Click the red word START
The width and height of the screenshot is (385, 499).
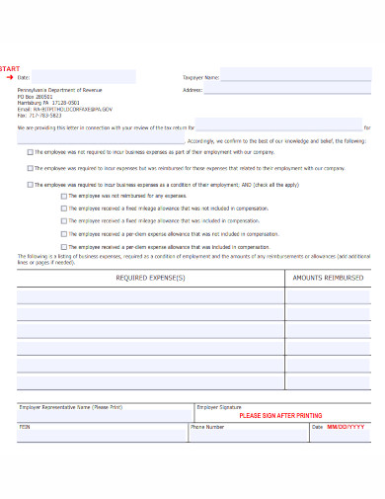click(x=10, y=68)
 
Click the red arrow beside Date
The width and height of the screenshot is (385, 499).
click(x=9, y=76)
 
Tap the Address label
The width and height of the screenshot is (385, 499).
click(x=192, y=90)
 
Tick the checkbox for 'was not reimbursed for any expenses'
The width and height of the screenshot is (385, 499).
click(x=63, y=196)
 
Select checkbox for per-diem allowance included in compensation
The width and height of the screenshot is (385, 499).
click(x=63, y=246)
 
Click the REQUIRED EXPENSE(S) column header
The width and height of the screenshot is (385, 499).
click(x=150, y=278)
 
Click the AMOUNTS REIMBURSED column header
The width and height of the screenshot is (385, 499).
click(x=329, y=278)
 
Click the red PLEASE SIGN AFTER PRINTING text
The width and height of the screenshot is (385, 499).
click(x=280, y=416)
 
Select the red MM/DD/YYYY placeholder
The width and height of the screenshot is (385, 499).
click(x=345, y=426)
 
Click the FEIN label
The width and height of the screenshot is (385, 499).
click(x=25, y=426)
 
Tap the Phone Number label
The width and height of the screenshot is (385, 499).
click(x=207, y=426)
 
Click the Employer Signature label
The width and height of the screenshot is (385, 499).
click(x=219, y=406)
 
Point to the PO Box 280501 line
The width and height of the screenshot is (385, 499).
click(x=37, y=96)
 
